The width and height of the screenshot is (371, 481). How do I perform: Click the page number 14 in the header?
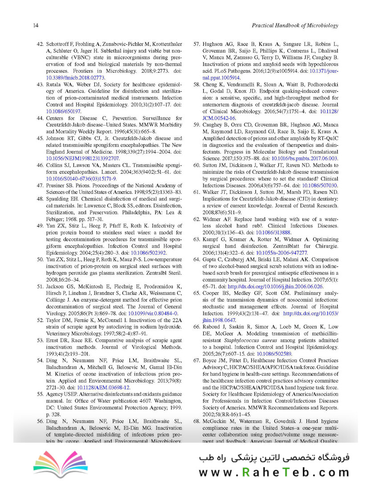point(35,26)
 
